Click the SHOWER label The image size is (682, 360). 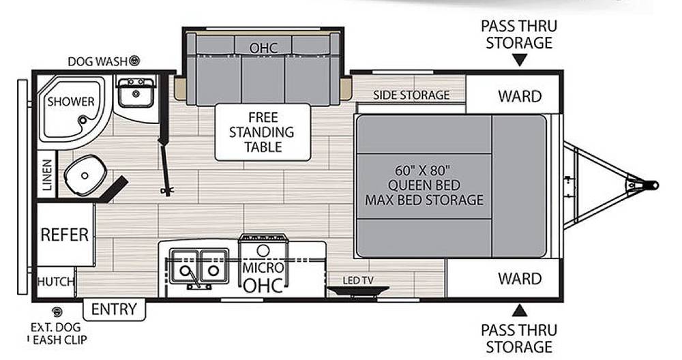point(71,102)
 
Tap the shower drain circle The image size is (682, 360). point(83,120)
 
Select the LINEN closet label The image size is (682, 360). point(47,175)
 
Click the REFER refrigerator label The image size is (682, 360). point(64,235)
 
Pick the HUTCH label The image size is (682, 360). point(55,282)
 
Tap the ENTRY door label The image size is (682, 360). point(114,309)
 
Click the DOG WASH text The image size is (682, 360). point(98,62)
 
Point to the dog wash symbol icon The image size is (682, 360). point(135,61)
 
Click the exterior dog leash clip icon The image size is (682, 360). point(57,312)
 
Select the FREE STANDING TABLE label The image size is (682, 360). point(263,132)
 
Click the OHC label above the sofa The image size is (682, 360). point(263,48)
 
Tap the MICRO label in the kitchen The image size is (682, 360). point(263,267)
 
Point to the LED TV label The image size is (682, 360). point(358,281)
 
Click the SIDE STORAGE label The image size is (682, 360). point(411,95)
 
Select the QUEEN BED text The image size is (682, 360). point(424,185)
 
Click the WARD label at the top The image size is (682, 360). point(520,96)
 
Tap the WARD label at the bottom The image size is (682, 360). point(520,279)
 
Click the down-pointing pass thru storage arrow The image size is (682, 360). point(519,60)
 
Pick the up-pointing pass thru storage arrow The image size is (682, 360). point(519,310)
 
